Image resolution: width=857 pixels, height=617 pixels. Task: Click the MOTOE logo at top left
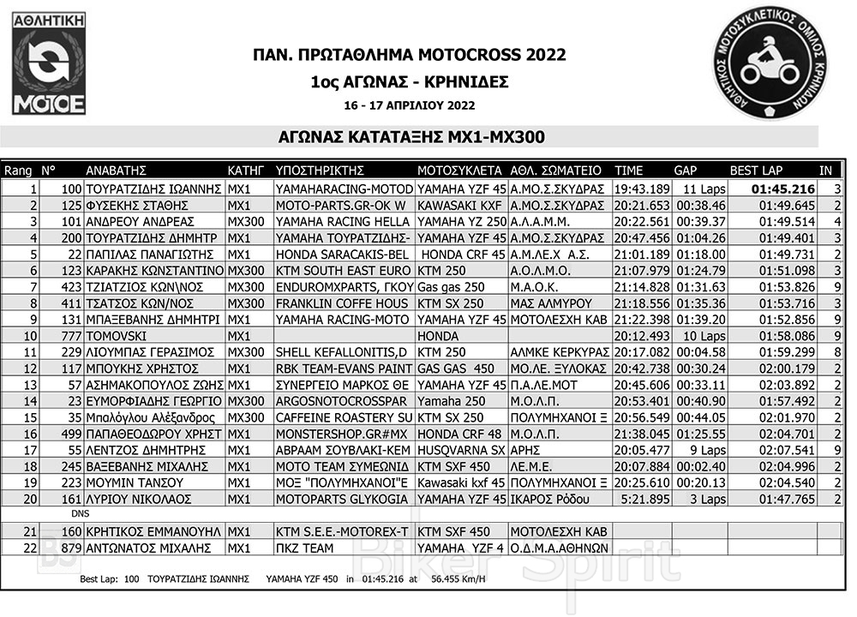coord(49,65)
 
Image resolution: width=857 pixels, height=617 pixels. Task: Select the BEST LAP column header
coord(756,170)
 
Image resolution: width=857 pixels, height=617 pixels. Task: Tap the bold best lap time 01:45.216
coord(784,189)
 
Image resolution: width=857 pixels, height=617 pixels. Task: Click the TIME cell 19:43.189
coord(642,189)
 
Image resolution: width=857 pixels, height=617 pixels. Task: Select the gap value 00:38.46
coord(700,206)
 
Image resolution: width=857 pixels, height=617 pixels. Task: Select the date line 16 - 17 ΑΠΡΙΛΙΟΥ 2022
coord(410,105)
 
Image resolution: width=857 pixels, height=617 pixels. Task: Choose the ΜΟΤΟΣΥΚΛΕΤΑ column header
coord(458,170)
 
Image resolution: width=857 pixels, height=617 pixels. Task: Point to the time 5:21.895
coord(642,499)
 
